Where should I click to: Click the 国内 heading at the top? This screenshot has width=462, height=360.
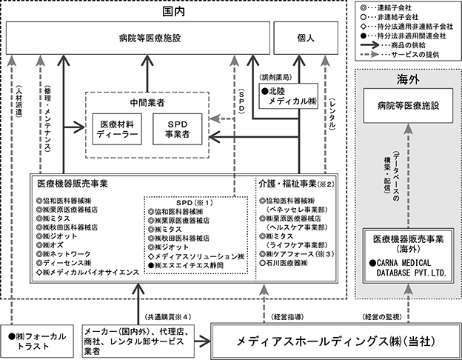(173, 12)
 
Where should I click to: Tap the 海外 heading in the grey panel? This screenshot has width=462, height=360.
(408, 79)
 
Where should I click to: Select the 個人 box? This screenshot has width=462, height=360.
(306, 38)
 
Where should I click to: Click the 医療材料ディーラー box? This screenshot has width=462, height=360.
(117, 129)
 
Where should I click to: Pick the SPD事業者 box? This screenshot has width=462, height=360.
(178, 129)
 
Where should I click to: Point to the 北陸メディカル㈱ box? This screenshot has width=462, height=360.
(289, 96)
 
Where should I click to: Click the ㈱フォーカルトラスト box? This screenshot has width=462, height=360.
(37, 341)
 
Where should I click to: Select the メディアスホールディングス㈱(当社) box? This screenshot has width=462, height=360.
(336, 341)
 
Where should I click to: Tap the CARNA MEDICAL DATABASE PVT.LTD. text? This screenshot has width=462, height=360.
(408, 267)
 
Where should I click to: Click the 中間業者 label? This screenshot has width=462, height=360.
(147, 103)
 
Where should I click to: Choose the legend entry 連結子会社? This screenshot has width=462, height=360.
(386, 7)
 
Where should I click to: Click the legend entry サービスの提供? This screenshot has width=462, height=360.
(400, 55)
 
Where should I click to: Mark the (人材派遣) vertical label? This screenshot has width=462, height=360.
(19, 101)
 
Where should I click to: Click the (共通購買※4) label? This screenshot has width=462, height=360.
(168, 317)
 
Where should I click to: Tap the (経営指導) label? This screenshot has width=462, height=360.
(287, 317)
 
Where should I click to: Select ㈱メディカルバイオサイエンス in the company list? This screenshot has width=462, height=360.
(88, 272)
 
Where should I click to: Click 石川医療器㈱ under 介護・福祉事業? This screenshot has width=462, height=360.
(284, 263)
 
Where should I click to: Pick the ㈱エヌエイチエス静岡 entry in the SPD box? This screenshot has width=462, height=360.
(186, 265)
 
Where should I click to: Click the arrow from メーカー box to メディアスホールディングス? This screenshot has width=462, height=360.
(202, 341)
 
